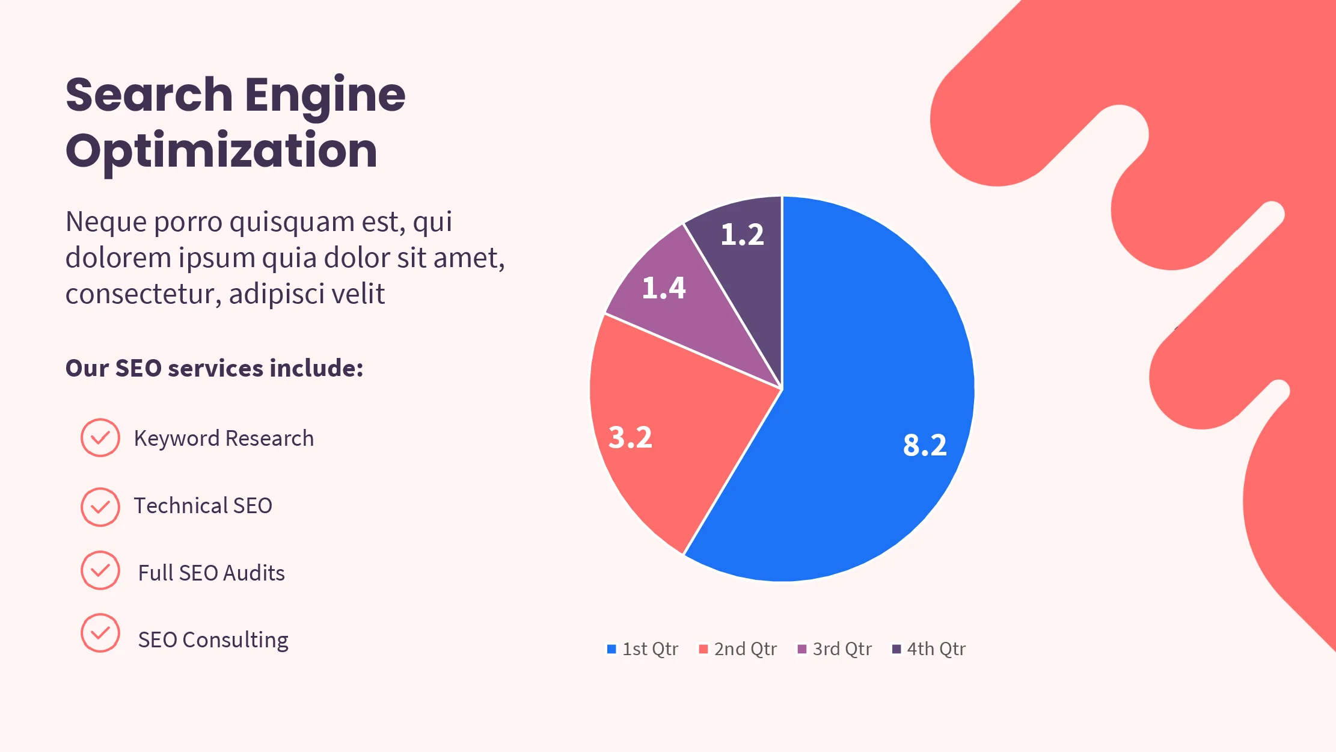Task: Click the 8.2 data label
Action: pyautogui.click(x=925, y=446)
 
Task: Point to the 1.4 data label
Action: pyautogui.click(x=664, y=288)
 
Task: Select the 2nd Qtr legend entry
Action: pyautogui.click(x=738, y=649)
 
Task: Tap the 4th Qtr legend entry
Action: pyautogui.click(x=929, y=649)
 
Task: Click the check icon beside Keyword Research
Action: pyautogui.click(x=100, y=438)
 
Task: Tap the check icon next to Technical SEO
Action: pyautogui.click(x=100, y=507)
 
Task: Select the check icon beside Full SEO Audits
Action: pyautogui.click(x=100, y=570)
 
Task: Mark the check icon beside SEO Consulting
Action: pyautogui.click(x=100, y=633)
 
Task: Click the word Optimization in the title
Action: pyautogui.click(x=221, y=151)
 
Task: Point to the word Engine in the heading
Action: pyautogui.click(x=325, y=95)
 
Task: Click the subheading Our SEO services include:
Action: pyautogui.click(x=214, y=368)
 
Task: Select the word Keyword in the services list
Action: pyautogui.click(x=176, y=439)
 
